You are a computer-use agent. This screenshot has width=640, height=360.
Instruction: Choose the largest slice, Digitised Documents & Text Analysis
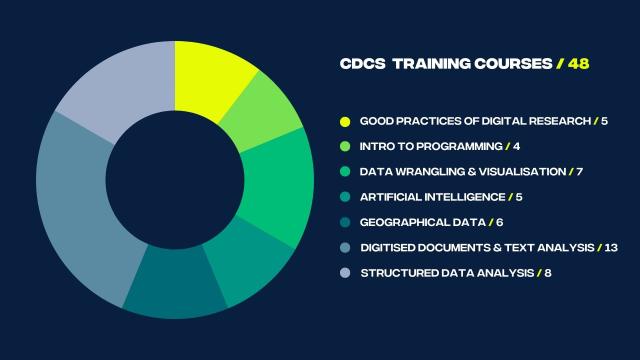tap(76, 215)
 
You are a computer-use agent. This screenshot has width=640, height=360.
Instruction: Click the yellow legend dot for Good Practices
tap(345, 122)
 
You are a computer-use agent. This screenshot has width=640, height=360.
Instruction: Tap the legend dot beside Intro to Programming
tap(345, 147)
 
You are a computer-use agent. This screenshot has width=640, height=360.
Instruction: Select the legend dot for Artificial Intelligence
tap(345, 197)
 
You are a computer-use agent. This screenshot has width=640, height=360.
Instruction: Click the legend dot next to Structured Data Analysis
tap(345, 272)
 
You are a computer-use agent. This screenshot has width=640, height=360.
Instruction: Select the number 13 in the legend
tap(612, 247)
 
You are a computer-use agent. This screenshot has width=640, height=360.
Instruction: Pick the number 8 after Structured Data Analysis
tap(547, 272)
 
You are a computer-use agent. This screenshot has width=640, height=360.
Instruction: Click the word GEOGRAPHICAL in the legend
tap(398, 222)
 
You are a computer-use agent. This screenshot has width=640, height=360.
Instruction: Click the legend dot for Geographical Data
tap(345, 222)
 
